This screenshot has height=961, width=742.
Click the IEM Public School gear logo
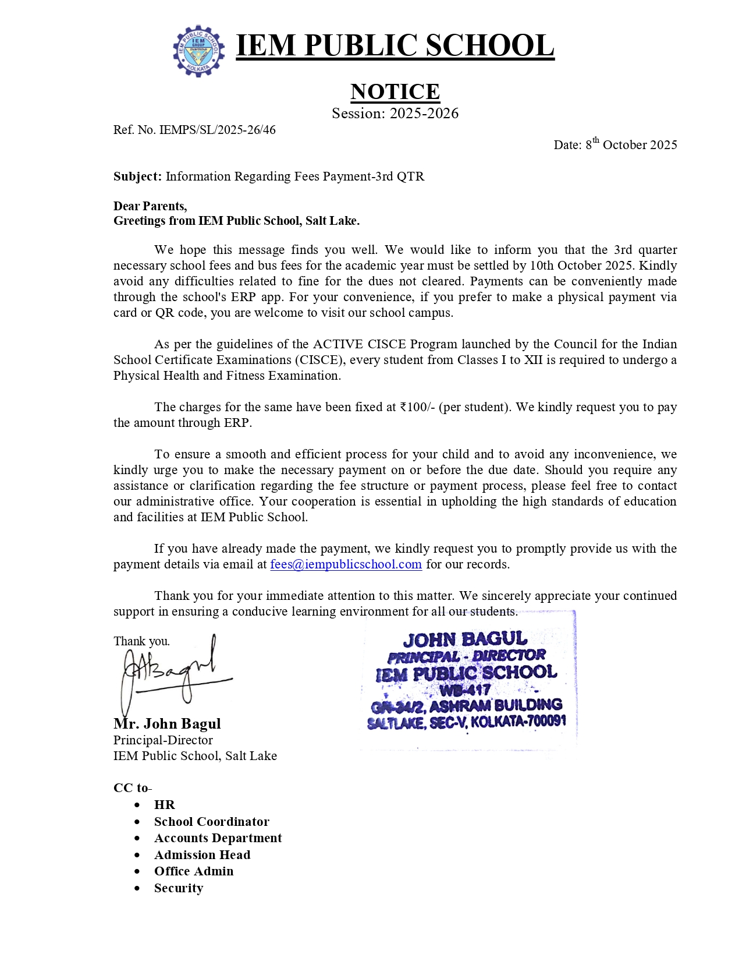tap(199, 51)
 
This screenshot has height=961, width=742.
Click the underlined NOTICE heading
tap(395, 91)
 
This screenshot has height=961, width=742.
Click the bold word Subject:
tap(137, 176)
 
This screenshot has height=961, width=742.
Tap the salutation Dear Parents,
tap(150, 206)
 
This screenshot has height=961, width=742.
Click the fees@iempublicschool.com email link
tap(346, 564)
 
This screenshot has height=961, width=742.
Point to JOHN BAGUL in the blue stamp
tap(465, 640)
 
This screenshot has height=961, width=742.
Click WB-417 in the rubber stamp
tap(465, 691)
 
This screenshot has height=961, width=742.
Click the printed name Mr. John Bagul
tap(167, 724)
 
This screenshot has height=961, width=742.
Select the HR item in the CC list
tap(164, 805)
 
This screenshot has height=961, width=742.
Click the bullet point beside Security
tap(137, 889)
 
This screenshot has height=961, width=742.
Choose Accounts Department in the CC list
tap(218, 838)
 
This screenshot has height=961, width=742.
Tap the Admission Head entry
tap(202, 855)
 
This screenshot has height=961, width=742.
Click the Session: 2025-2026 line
tap(395, 114)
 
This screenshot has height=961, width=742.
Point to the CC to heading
tap(132, 788)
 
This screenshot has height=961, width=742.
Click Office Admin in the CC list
tap(194, 871)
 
